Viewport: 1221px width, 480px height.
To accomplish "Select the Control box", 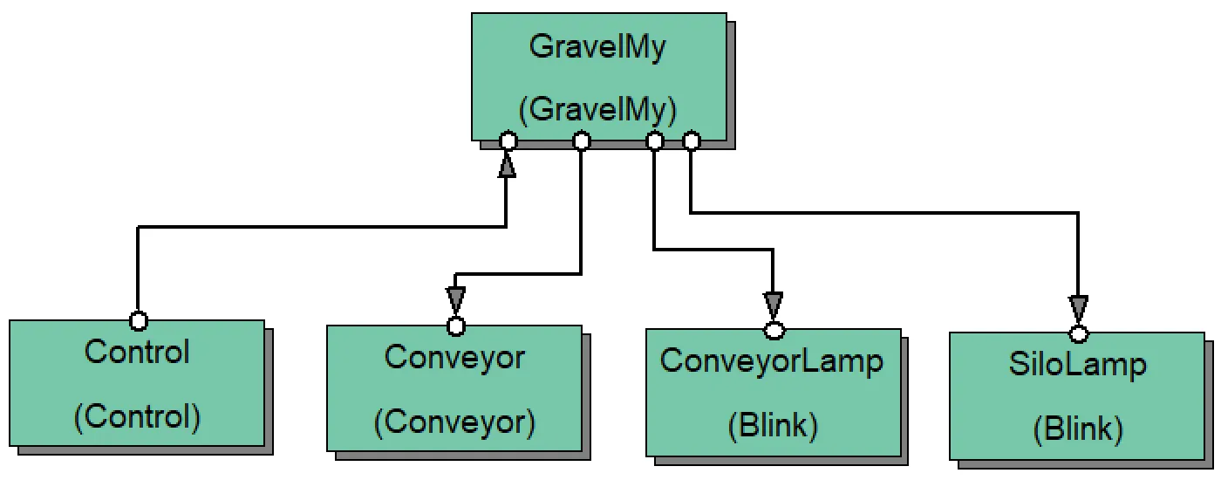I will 137,384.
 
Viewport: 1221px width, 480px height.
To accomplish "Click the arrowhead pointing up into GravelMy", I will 507,165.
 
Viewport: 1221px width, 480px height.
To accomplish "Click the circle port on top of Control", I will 138,320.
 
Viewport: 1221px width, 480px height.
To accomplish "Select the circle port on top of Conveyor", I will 455,326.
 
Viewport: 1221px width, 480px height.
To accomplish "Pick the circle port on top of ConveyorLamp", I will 774,330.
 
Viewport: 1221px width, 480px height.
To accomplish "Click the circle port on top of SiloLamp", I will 1079,333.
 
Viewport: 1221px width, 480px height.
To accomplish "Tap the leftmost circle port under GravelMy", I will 508,141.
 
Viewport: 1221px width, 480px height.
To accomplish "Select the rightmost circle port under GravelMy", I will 691,141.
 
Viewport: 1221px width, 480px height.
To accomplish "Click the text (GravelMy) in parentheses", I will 598,109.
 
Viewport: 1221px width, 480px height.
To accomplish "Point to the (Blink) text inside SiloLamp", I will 1077,429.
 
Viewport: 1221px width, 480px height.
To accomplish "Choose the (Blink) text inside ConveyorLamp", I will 773,426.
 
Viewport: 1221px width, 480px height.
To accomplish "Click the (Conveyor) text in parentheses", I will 454,422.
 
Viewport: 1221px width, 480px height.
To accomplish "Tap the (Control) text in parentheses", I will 137,417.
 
